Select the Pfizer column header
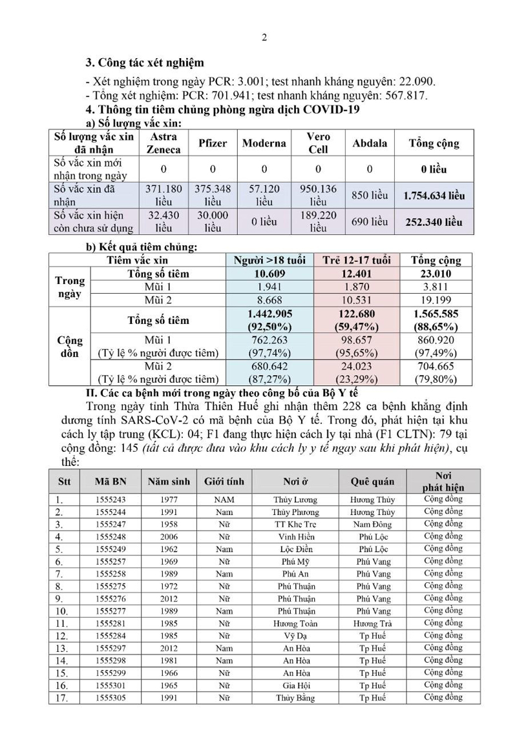213,143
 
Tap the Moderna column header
264,143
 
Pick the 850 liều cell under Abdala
369,195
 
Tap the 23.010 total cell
436,273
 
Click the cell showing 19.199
436,300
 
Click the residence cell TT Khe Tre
295,523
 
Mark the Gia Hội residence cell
295,685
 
